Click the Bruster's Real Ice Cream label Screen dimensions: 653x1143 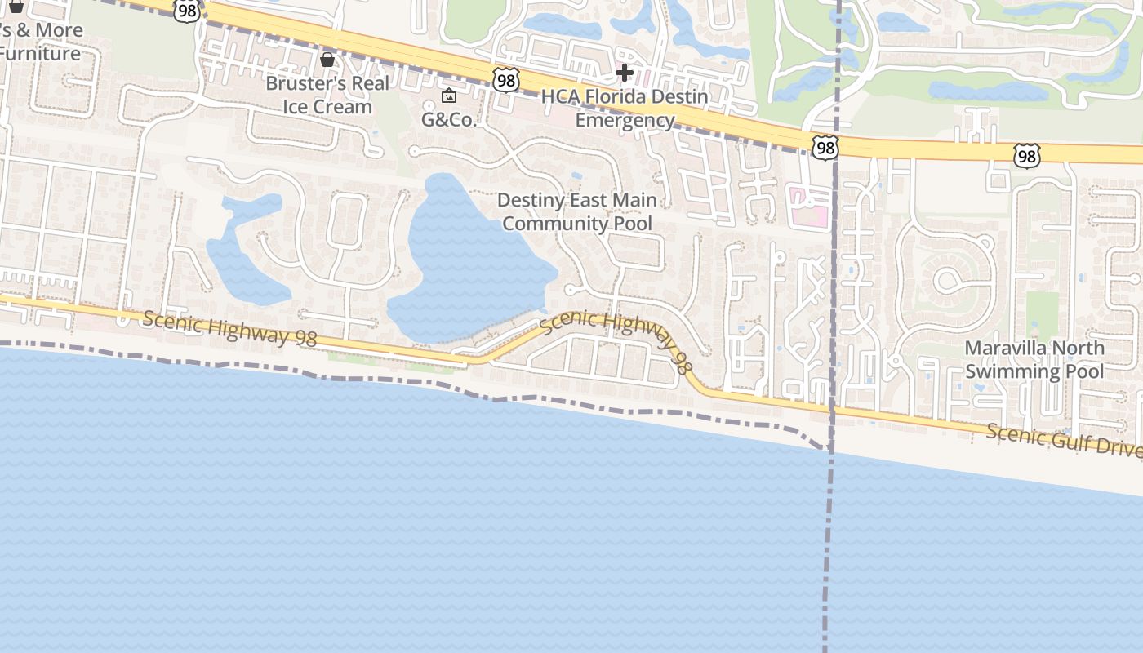327,96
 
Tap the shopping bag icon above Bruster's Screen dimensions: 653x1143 327,60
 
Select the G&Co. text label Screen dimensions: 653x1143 448,120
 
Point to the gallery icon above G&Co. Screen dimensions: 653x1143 448,96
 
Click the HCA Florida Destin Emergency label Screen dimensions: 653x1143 625,109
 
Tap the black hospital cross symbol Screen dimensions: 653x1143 625,73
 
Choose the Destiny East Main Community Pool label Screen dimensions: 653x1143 576,211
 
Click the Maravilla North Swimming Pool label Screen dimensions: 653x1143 1034,360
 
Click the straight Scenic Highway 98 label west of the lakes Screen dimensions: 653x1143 229,328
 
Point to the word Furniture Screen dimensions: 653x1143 41,54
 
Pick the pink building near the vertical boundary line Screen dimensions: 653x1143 807,206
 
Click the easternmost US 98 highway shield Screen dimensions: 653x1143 1027,155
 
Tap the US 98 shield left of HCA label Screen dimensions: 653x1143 505,80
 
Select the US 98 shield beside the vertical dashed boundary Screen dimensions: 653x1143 825,147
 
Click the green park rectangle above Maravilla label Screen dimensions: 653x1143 1042,314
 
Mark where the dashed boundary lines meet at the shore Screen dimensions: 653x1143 829,448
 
